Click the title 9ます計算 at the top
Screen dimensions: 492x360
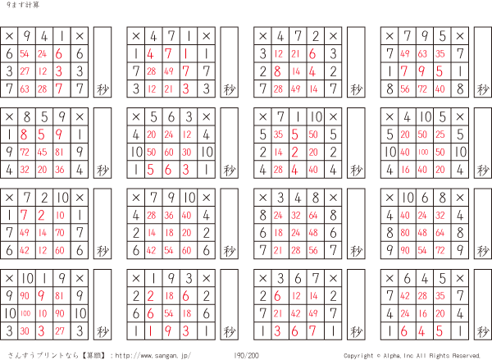click(x=23, y=5)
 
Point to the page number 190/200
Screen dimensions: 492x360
click(x=246, y=355)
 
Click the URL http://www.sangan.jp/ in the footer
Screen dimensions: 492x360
click(x=153, y=356)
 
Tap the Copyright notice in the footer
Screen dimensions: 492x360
click(x=412, y=356)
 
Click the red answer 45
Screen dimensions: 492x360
click(x=42, y=153)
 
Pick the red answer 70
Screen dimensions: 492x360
click(x=60, y=233)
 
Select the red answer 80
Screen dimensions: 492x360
click(x=405, y=233)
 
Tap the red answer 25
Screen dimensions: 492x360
click(x=440, y=134)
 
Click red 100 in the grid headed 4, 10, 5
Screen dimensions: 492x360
click(x=422, y=153)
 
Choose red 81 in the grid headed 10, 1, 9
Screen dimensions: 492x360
click(x=60, y=296)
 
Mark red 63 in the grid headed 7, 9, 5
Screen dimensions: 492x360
click(x=422, y=53)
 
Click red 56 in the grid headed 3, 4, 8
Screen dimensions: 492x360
click(x=313, y=250)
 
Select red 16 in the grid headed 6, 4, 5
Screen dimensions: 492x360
click(x=422, y=313)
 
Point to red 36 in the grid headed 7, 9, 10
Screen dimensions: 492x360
click(x=169, y=216)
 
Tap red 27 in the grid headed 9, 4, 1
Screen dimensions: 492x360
click(x=25, y=71)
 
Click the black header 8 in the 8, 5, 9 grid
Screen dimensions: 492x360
click(x=27, y=117)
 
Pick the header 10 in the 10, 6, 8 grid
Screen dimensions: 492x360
click(x=408, y=198)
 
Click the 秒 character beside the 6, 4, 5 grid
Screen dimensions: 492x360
click(x=483, y=330)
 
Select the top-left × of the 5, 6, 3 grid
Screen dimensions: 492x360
click(x=136, y=117)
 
